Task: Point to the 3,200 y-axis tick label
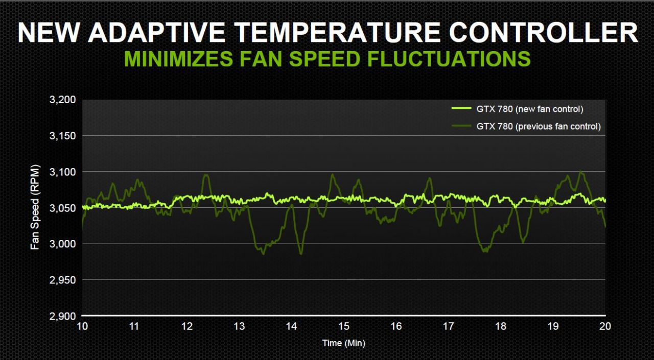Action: coord(63,100)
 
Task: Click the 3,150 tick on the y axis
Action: coord(63,136)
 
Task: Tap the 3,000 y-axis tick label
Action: coord(63,244)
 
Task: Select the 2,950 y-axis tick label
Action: coord(63,280)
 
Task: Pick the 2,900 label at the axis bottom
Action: coord(63,317)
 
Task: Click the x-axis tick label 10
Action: coord(82,327)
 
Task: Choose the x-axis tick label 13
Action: coord(239,327)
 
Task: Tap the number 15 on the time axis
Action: coord(343,327)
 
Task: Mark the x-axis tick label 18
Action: coord(501,327)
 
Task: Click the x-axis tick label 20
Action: coord(605,327)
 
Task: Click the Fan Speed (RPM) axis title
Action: coord(35,207)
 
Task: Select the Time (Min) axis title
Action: coord(343,343)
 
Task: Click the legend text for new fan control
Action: coord(529,109)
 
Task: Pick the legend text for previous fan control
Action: coord(538,126)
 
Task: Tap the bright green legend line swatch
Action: coord(460,109)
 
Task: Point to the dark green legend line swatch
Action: coord(460,126)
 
